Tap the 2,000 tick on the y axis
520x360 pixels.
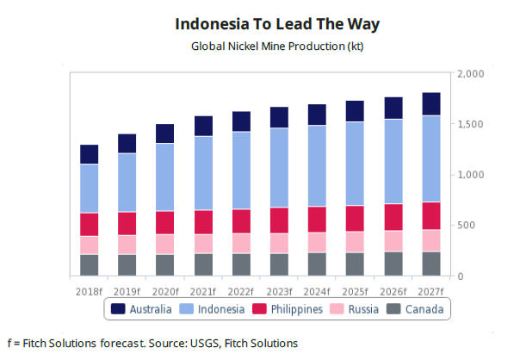(474, 74)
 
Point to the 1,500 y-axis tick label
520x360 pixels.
(474, 125)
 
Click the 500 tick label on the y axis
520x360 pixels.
(470, 226)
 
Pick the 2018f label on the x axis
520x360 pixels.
(89, 290)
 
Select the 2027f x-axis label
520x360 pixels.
(430, 290)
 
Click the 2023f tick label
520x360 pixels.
(279, 290)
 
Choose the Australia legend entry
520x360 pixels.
(143, 309)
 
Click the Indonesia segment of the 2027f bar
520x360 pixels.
(431, 158)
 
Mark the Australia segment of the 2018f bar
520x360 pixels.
(90, 154)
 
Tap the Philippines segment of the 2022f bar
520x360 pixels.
(241, 221)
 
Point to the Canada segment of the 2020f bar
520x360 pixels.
(165, 265)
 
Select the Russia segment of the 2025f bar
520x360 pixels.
(355, 242)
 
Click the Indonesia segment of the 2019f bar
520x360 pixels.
(127, 183)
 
